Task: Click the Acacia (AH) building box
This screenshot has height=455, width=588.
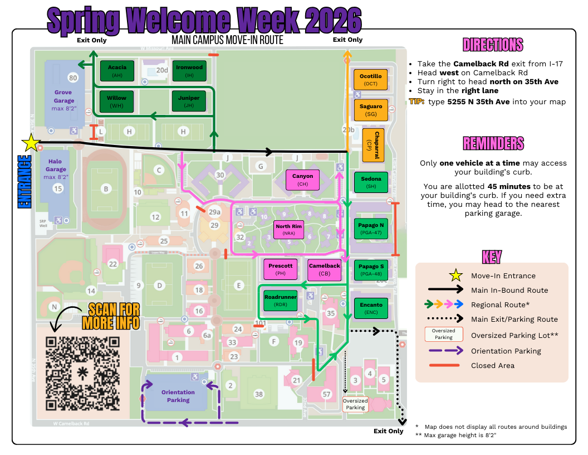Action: pos(117,71)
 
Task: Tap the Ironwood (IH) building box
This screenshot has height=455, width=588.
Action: pos(189,71)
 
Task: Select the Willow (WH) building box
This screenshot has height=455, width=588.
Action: pos(116,101)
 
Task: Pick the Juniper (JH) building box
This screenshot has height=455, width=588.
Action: pos(189,101)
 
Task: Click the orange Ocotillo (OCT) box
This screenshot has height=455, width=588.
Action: pos(371,79)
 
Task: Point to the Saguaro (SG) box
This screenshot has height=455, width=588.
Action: pos(371,109)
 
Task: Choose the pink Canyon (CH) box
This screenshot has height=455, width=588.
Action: pos(302,180)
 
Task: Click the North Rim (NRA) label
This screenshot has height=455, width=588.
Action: pos(288,230)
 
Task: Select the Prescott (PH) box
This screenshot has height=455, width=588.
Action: pos(280,269)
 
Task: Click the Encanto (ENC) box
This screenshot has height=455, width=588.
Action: pos(371,308)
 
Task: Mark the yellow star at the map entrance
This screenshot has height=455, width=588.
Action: pos(31,144)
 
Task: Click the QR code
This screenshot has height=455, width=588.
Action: pos(84,374)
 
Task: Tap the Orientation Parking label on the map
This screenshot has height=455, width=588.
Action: pos(178,396)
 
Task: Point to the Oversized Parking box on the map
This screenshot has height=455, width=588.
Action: pos(355,404)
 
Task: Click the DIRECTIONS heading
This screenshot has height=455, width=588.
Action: pos(493,45)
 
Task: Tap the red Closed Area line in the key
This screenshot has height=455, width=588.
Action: pos(444,365)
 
